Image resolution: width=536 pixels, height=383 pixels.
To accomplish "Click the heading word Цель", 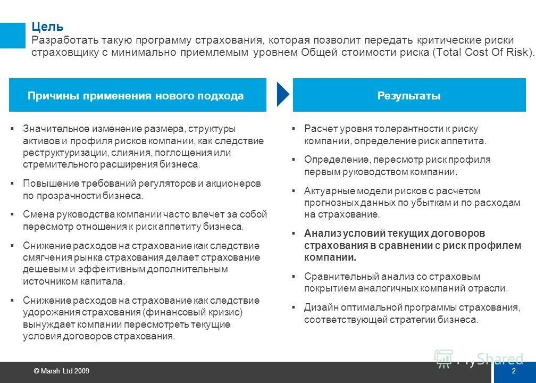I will click(47, 27).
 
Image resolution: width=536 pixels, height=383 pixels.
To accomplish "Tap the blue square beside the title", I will click(12, 35).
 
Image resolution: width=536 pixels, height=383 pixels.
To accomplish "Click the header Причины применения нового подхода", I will click(136, 96).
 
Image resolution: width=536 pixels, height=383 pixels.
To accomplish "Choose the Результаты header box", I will click(409, 96).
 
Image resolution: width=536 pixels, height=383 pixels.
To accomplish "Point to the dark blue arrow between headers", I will click(283, 95).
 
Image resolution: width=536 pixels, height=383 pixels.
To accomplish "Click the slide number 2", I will click(514, 371).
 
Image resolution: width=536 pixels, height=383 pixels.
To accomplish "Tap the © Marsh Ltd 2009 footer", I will click(61, 371).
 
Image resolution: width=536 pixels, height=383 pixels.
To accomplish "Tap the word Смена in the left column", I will click(37, 214).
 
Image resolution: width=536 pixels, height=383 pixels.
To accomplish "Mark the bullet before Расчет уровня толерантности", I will click(293, 129).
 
